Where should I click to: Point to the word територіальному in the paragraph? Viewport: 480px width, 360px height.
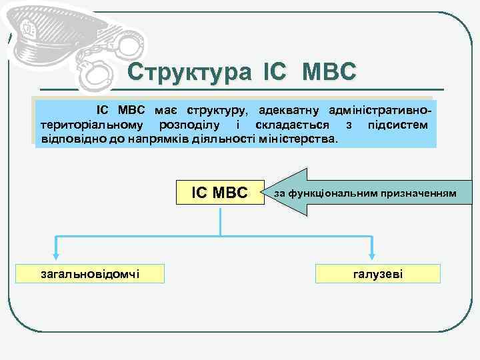pos(89,125)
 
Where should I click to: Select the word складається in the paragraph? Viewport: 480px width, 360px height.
pos(280,125)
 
